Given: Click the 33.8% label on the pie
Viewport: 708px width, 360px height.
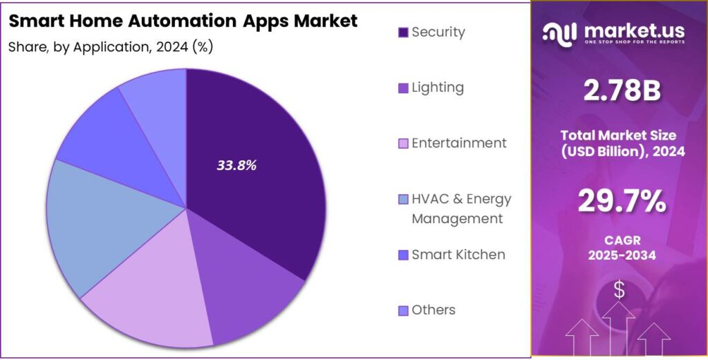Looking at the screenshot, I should pos(236,166).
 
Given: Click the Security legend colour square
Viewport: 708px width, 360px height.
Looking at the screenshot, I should pos(403,32).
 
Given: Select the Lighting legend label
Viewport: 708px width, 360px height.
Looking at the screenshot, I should pos(438,88).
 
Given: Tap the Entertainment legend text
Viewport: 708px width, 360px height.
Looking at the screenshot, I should pos(459,143).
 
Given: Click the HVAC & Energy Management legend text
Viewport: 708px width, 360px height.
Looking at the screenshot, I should pos(461,209).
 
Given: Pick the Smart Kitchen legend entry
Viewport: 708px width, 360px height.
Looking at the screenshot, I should pos(458,254).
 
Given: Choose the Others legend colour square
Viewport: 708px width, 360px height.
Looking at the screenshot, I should pos(403,310).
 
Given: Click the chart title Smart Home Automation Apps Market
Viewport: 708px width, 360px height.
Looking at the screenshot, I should pos(183,21).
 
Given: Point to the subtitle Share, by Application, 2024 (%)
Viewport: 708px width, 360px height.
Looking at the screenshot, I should pos(111,47).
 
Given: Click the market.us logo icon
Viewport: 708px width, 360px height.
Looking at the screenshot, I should pos(559,32).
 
